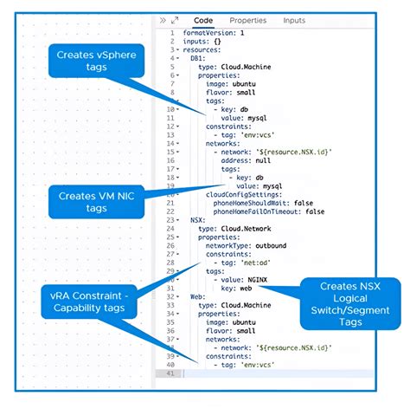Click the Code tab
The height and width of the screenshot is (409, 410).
tap(203, 20)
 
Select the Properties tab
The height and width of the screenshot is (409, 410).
tap(247, 20)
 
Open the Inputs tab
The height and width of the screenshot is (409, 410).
tap(294, 20)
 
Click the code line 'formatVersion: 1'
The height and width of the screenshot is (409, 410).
tap(214, 32)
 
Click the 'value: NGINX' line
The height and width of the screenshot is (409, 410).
tap(241, 279)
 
